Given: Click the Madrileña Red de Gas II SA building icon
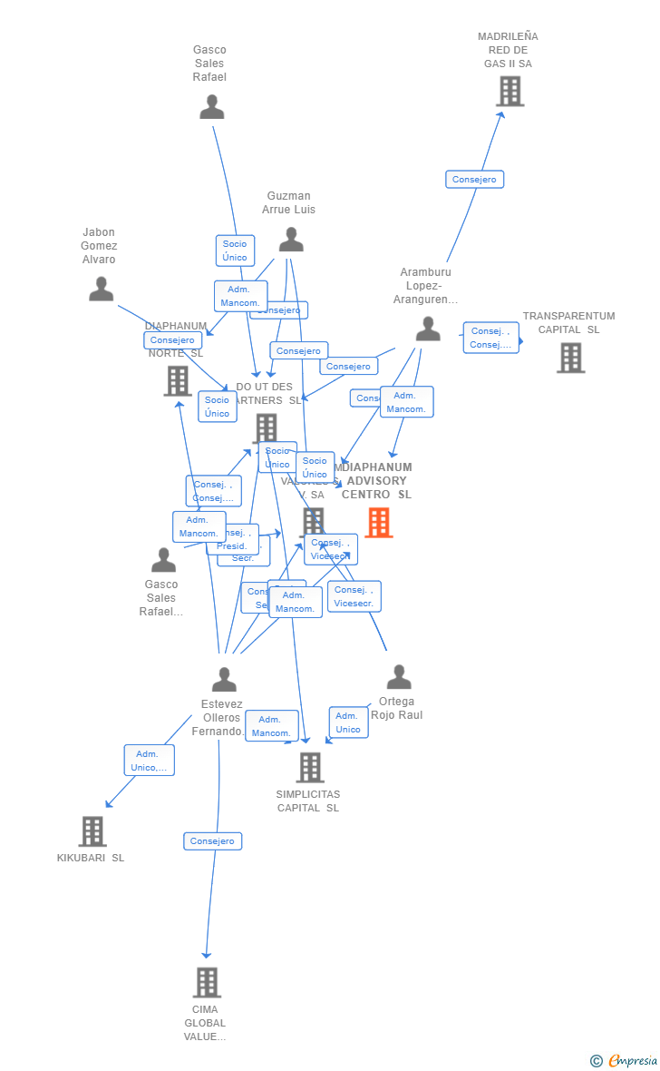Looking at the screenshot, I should pos(510,92).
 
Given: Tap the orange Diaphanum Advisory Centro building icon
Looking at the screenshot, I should pos(379,522).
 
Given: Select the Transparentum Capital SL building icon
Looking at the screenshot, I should pos(570,358).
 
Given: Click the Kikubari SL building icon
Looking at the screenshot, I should pos(92,830).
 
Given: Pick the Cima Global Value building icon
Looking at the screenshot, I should pos(207,982).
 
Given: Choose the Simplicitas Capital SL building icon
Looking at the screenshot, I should pos(310,767).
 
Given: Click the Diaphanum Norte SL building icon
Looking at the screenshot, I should pos(178,381).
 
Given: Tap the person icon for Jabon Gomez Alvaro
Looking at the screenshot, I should pos(102,290).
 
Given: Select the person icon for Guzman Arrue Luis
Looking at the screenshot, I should pos(291,240).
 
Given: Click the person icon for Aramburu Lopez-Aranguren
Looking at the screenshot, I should pos(428,329).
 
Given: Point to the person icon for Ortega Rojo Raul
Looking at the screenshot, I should pos(399,677).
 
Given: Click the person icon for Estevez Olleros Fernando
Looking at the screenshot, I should pos(224,680).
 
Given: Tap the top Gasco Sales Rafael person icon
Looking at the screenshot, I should pos(211,107).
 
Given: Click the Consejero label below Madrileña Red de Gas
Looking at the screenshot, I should pos(474,180).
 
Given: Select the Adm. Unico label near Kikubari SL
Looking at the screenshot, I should pos(149,761).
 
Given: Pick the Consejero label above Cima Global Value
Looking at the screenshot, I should pos(213,841).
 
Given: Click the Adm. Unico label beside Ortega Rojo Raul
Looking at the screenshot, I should pos(348,722).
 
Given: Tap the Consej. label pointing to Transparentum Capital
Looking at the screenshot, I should pos(490,338).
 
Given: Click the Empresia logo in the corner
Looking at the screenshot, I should pos(626,1060).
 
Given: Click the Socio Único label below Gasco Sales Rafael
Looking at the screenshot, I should pos(235,251).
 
